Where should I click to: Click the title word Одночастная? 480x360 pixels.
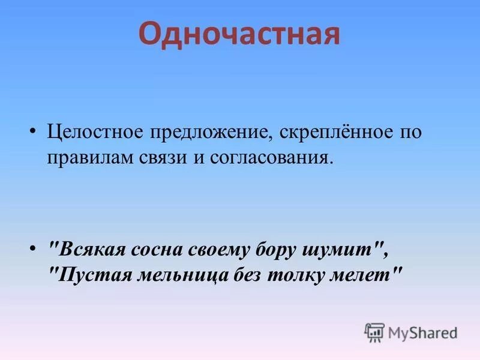click(x=239, y=35)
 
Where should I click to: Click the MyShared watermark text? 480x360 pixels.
click(x=422, y=332)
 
